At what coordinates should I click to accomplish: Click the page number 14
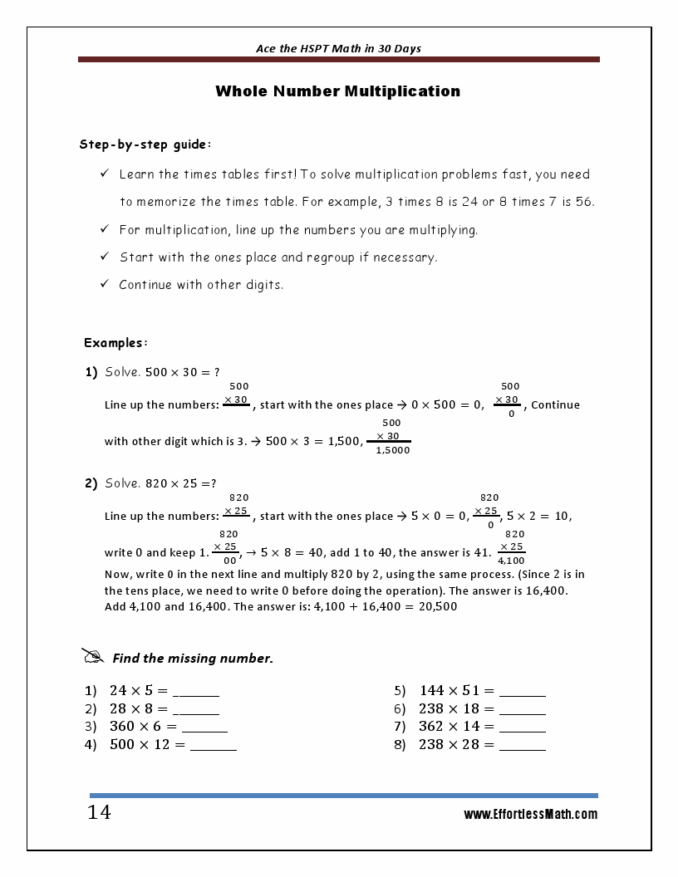(99, 812)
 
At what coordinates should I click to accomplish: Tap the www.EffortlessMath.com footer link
(530, 815)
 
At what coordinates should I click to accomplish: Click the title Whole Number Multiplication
(337, 91)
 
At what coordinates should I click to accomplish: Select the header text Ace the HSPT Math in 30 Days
(338, 48)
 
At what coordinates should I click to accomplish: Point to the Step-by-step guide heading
(145, 145)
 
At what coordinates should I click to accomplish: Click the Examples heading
(115, 342)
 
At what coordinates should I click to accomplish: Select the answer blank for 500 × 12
(214, 747)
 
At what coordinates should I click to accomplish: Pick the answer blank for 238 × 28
(523, 747)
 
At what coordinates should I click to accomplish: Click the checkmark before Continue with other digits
(105, 284)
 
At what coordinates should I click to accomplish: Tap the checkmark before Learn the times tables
(105, 174)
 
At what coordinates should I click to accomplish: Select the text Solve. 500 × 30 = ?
(162, 372)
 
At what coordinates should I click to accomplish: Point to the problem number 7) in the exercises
(399, 727)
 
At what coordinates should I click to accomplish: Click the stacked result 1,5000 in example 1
(392, 450)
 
